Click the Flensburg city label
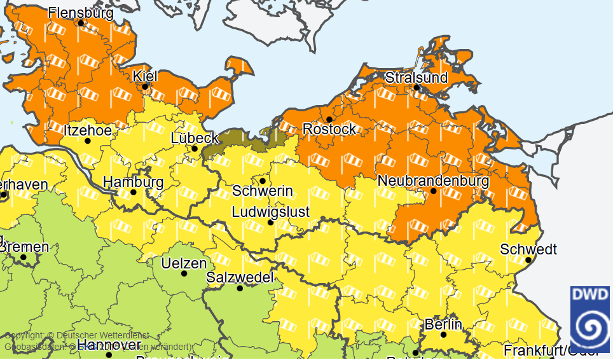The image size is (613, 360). pyautogui.click(x=81, y=12)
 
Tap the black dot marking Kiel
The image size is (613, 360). pyautogui.click(x=145, y=87)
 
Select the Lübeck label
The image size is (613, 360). pyautogui.click(x=195, y=138)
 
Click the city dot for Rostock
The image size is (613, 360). pyautogui.click(x=329, y=119)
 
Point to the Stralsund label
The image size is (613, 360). pyautogui.click(x=417, y=78)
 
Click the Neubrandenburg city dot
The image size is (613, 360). pyautogui.click(x=434, y=191)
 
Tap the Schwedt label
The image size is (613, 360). pyautogui.click(x=528, y=249)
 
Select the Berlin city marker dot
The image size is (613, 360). pyautogui.click(x=443, y=335)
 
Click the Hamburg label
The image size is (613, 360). pyautogui.click(x=133, y=182)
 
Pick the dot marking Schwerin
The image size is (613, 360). pyautogui.click(x=263, y=181)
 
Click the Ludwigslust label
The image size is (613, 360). pyautogui.click(x=270, y=211)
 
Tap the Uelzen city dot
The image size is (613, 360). pyautogui.click(x=184, y=274)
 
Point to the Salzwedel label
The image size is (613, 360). pyautogui.click(x=240, y=277)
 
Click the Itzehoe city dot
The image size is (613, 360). pyautogui.click(x=88, y=141)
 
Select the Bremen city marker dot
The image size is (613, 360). pyautogui.click(x=24, y=258)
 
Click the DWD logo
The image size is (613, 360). pyautogui.click(x=591, y=319)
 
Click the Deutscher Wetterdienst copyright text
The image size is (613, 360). pyautogui.click(x=76, y=335)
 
